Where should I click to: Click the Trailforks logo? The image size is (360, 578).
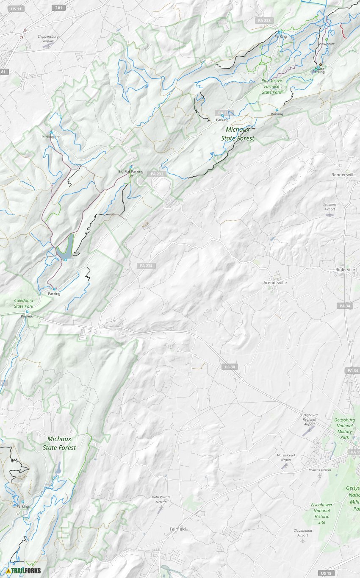[24, 571]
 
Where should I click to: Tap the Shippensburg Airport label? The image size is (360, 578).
[48, 39]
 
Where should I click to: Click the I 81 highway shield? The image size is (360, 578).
[59, 8]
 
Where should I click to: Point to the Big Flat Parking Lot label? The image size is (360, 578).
[131, 173]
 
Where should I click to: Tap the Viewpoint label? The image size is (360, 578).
[326, 44]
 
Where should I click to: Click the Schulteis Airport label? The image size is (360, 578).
[330, 206]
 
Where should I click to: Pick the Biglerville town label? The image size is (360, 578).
[345, 270]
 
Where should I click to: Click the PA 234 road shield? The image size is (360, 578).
[147, 266]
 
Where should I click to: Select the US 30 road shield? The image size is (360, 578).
[229, 367]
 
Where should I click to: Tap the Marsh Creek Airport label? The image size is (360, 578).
[286, 457]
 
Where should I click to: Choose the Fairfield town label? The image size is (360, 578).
[177, 529]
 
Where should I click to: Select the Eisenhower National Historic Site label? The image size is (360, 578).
[321, 514]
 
